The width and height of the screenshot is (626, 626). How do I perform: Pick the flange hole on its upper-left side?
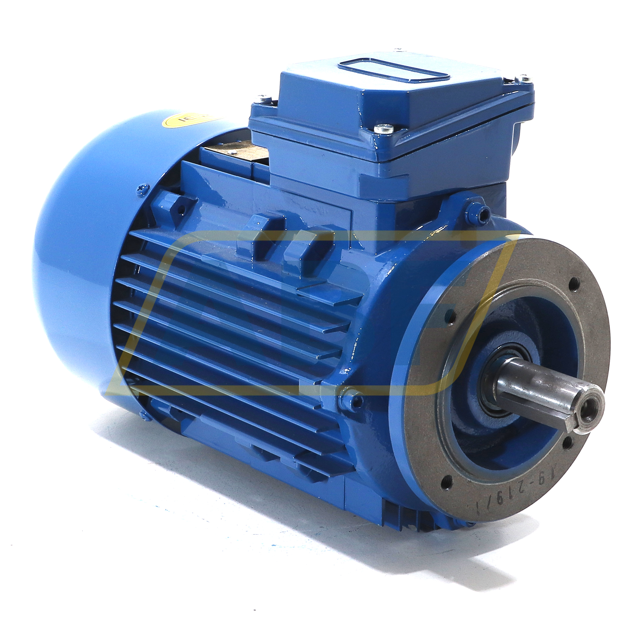450,314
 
